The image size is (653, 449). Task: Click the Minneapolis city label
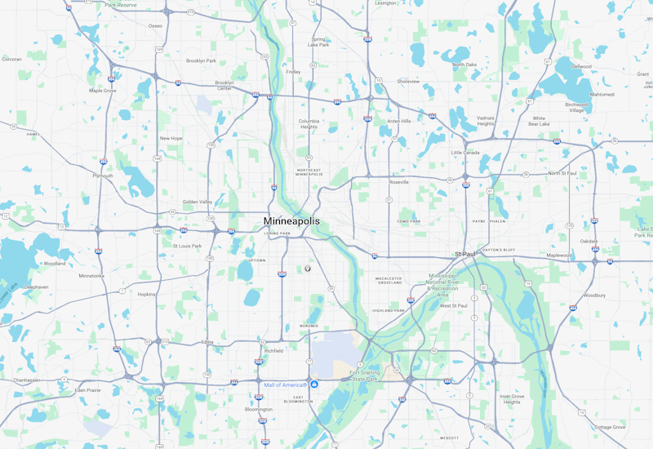click(x=291, y=221)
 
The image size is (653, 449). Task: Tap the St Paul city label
click(x=464, y=254)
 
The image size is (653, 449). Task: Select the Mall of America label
click(x=285, y=385)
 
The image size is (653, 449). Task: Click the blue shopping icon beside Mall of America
click(x=314, y=385)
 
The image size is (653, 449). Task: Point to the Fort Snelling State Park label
click(x=364, y=376)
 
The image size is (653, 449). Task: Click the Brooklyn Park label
click(x=201, y=60)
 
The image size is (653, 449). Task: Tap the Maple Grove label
click(x=102, y=91)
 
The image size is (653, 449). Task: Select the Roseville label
click(x=399, y=182)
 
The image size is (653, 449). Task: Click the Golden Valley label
click(x=197, y=202)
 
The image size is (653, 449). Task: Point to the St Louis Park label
click(x=187, y=245)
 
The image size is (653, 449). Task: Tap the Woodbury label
click(x=594, y=295)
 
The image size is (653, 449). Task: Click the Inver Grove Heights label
click(x=511, y=399)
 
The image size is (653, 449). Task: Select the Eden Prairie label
click(x=87, y=390)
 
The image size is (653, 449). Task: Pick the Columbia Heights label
click(x=308, y=123)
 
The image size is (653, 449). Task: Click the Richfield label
click(x=273, y=350)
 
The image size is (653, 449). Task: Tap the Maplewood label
click(x=559, y=255)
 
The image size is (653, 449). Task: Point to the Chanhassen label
click(x=26, y=380)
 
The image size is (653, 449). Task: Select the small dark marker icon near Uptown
click(x=309, y=268)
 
